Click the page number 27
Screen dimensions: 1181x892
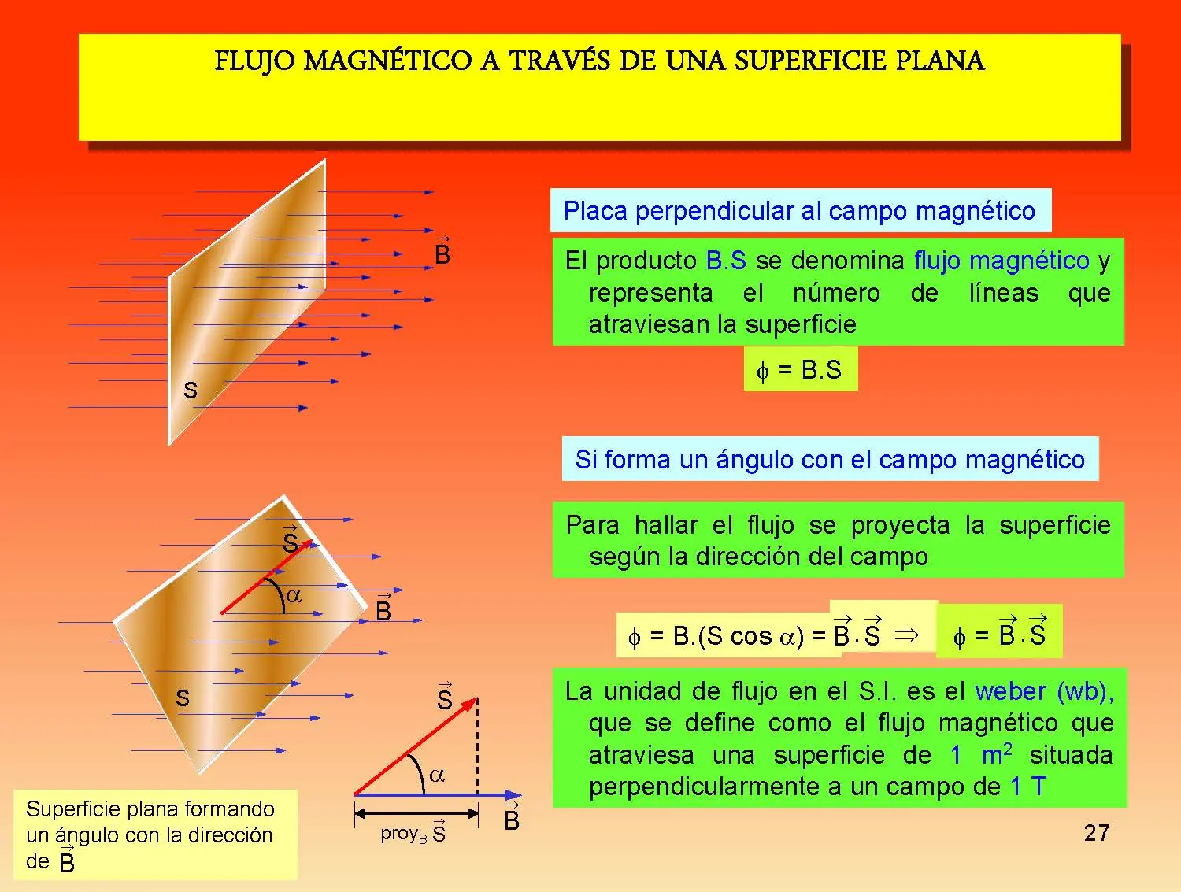[1097, 833]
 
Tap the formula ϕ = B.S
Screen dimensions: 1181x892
[799, 369]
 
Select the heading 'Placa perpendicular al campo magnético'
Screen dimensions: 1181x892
[799, 210]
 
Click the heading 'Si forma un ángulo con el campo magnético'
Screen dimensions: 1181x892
[830, 460]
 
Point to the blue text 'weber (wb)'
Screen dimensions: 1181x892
[1044, 691]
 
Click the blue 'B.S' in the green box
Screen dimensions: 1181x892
[727, 261]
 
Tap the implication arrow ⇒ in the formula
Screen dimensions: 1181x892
[906, 635]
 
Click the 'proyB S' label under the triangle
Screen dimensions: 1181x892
[413, 833]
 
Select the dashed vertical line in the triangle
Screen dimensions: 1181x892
[477, 746]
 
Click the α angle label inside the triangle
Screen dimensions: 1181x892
[437, 775]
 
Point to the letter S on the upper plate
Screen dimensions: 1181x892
[191, 390]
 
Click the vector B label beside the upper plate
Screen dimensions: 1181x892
[442, 250]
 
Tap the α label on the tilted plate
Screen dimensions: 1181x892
[294, 595]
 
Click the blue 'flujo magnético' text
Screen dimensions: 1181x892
[1001, 261]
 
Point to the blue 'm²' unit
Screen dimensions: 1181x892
[997, 753]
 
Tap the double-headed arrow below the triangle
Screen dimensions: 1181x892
[416, 813]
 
